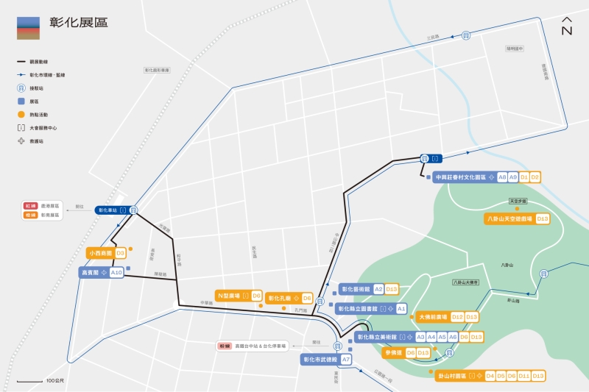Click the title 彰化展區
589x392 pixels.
point(78,23)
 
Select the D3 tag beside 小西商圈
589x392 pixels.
point(120,253)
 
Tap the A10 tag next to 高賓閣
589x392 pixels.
point(116,273)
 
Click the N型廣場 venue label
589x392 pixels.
point(230,296)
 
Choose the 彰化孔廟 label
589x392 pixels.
point(281,298)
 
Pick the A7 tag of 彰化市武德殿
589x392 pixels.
point(346,360)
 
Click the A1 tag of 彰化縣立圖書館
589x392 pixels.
point(401,309)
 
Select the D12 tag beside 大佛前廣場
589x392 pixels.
point(457,317)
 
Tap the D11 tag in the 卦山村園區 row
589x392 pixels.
point(524,376)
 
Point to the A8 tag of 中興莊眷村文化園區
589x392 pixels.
point(502,177)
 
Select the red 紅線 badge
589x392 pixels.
point(30,206)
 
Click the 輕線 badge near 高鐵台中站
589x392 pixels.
point(225,345)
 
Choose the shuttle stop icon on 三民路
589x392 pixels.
point(466,35)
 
